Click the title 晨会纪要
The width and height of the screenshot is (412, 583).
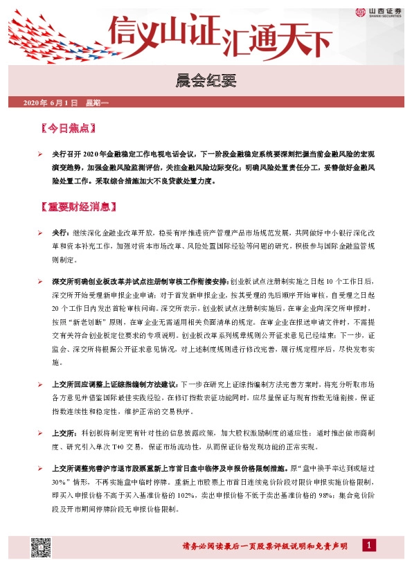point(206,82)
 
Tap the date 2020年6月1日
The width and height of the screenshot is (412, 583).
point(51,103)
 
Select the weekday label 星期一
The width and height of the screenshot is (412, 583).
point(96,103)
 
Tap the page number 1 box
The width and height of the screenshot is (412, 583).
point(370,546)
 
